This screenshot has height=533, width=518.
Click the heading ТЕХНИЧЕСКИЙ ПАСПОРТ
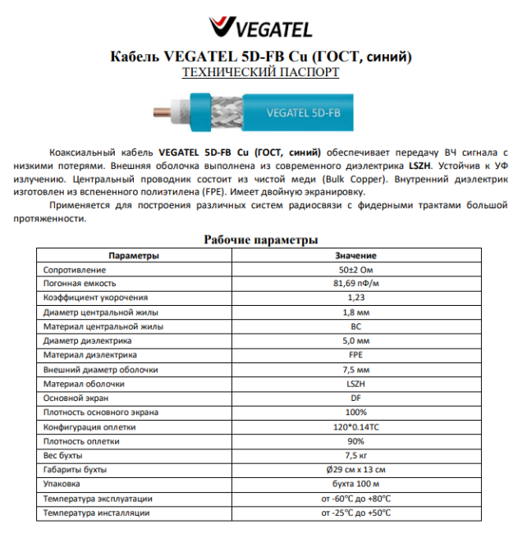259,72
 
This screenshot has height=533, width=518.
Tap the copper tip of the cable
157,112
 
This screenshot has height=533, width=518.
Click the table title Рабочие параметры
259,239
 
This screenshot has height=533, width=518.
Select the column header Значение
355,255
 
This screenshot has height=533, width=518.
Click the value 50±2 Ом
355,269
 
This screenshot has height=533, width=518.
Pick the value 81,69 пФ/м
355,283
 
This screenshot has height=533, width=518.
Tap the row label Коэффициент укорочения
95,297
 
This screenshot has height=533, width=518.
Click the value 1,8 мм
355,312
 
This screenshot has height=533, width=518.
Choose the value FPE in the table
355,354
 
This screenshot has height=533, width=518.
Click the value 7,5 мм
355,369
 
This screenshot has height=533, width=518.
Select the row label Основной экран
73,398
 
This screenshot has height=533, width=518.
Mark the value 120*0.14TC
355,426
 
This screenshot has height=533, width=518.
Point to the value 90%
355,441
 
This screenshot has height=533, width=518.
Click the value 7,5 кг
355,455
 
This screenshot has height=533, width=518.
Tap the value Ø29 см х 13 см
355,470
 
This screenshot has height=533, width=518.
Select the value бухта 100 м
355,484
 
